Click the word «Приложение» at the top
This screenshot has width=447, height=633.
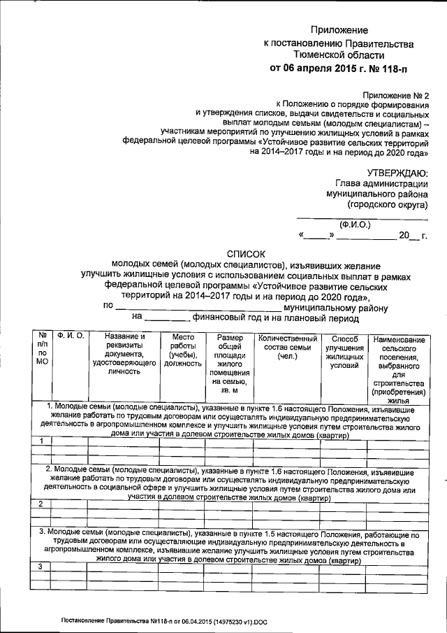point(339,31)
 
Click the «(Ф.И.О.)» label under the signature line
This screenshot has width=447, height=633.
point(355,225)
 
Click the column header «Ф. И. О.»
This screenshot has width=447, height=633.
point(71,337)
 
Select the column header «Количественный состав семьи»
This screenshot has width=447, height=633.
point(287,346)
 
